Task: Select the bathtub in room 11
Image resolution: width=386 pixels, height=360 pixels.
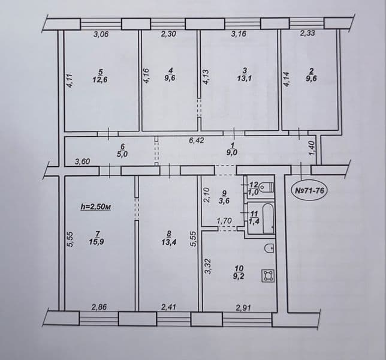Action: point(269,218)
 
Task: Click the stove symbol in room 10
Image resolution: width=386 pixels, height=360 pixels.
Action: point(268,276)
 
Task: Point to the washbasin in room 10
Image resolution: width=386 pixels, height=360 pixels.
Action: point(269,247)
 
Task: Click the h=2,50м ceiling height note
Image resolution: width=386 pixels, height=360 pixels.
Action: point(96,207)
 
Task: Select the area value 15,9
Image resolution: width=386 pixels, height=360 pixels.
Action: point(96,241)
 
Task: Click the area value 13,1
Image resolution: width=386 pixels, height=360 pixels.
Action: point(245,79)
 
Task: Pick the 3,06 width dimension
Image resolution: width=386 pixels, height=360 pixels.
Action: point(101,34)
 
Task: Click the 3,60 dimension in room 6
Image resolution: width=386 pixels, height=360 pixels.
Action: point(83,161)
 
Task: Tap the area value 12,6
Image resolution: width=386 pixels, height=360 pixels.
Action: point(101,80)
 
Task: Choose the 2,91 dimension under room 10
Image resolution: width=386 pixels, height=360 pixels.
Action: point(243,308)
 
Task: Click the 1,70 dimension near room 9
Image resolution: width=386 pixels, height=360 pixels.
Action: point(224,221)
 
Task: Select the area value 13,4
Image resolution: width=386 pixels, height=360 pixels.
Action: point(169,242)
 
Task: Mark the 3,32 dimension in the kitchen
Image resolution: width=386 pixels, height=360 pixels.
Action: point(208,266)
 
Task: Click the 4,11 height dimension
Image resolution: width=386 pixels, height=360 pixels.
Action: point(70,81)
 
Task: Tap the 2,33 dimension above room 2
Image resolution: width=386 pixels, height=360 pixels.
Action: point(307,33)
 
